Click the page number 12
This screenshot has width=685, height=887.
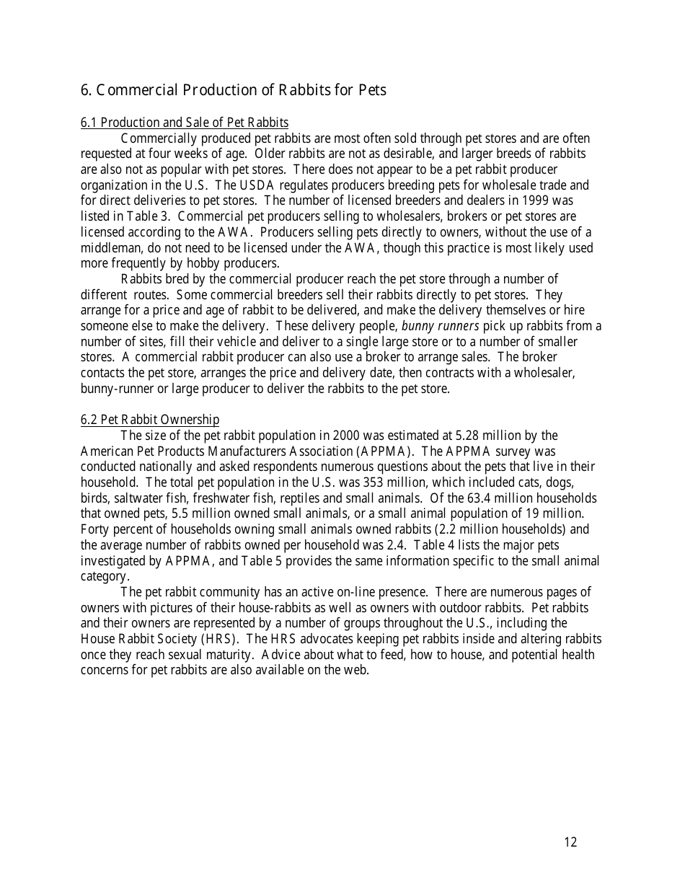coord(570,842)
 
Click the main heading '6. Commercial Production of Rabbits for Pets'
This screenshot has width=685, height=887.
coord(234,90)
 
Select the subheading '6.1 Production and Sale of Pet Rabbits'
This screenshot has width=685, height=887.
coord(185,123)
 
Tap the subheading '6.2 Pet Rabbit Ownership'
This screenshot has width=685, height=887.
coord(150,420)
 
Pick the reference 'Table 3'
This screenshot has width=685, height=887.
coord(150,216)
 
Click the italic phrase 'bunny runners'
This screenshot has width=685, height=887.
coord(440,326)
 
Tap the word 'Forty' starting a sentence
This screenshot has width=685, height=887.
coord(94,529)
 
